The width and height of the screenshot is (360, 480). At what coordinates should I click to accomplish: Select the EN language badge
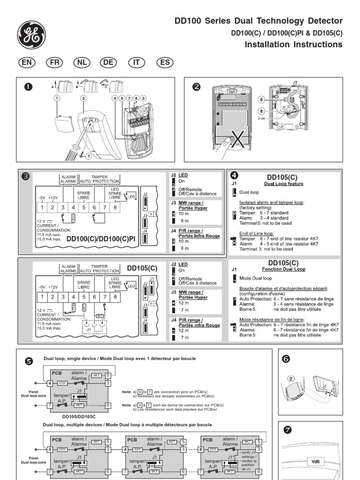[27, 63]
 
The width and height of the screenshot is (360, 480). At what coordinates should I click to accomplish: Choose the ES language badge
[164, 63]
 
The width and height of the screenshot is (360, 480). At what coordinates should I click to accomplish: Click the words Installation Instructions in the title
[294, 45]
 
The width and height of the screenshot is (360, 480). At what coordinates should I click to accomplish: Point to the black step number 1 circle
[28, 87]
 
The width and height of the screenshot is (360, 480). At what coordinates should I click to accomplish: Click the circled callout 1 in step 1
[57, 98]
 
